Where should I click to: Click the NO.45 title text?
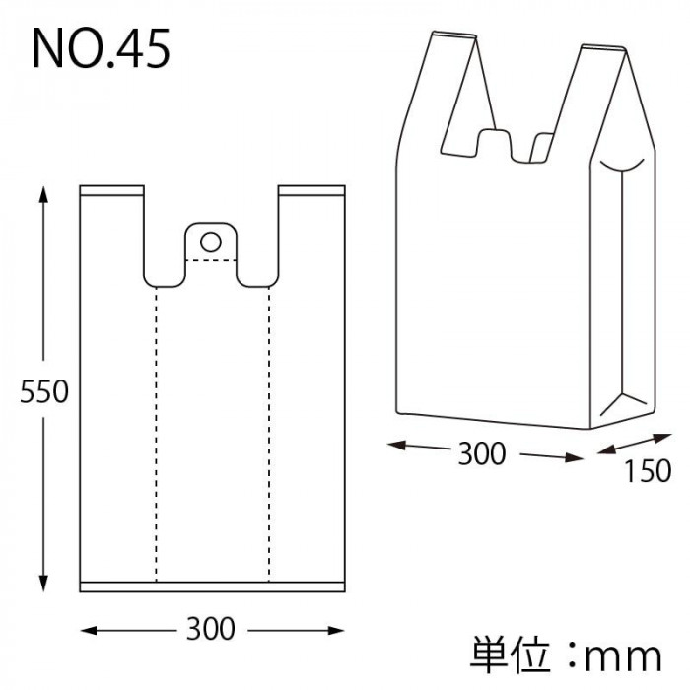point(102,48)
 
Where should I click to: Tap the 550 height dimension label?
point(44,391)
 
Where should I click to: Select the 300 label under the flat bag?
point(211,629)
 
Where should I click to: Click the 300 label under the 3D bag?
point(482,453)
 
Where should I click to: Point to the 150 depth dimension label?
point(648,471)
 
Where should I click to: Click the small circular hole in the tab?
point(211,242)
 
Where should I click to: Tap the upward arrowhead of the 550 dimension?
point(43,194)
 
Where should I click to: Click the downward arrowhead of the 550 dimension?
point(43,584)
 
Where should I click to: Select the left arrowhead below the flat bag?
point(89,631)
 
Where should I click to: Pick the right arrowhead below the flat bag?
point(336,631)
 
